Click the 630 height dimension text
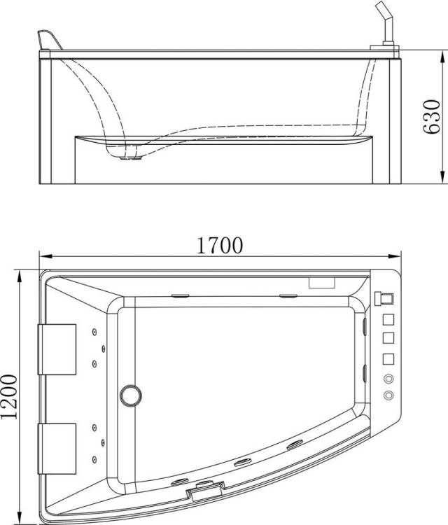[432, 117]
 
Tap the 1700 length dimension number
[219, 246]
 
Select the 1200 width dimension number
[9, 397]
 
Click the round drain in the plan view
[131, 395]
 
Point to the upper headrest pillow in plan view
[57, 349]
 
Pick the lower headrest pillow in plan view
[57, 449]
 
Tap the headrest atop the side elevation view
[50, 40]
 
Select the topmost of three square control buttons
[388, 320]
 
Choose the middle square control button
[388, 337]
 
